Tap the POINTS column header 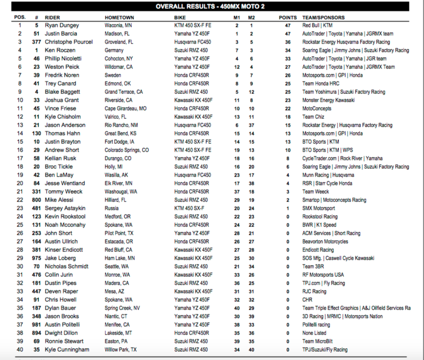click(x=288, y=17)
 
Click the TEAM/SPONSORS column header click(x=323, y=17)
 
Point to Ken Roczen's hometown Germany click(x=114, y=50)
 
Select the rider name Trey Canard click(x=61, y=84)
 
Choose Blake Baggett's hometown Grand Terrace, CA click(x=124, y=92)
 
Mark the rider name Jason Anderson click(x=65, y=125)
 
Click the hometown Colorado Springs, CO click(x=127, y=150)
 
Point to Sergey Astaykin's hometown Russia click(x=112, y=208)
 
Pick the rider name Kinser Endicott click(x=64, y=250)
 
